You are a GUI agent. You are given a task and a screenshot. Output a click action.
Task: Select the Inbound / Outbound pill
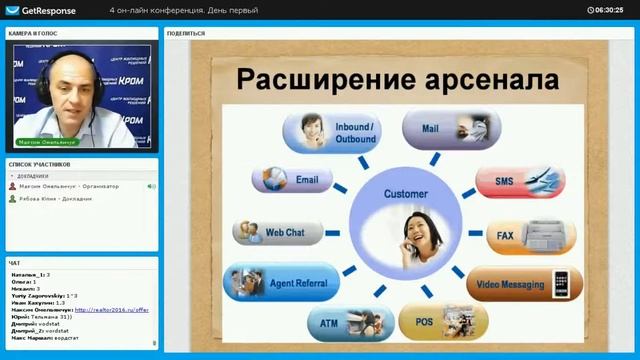tap(330, 133)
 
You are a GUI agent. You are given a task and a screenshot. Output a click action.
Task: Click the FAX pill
tap(530, 238)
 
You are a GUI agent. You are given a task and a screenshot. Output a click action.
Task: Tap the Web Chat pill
tap(279, 232)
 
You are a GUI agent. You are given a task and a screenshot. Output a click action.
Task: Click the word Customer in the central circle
tap(405, 193)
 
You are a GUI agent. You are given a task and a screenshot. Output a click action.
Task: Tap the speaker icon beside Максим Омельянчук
tap(151, 186)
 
